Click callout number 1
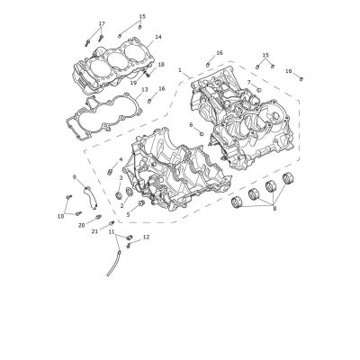pyautogui.click(x=180, y=70)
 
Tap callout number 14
pyautogui.click(x=158, y=37)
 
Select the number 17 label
pyautogui.click(x=102, y=23)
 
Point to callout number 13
pyautogui.click(x=145, y=90)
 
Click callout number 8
pyautogui.click(x=274, y=209)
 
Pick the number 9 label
pyautogui.click(x=75, y=177)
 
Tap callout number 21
pyautogui.click(x=94, y=231)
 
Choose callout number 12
pyautogui.click(x=146, y=237)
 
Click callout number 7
pyautogui.click(x=248, y=82)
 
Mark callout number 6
pyautogui.click(x=191, y=124)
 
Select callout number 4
pyautogui.click(x=121, y=159)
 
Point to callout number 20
pyautogui.click(x=82, y=226)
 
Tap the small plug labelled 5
pyautogui.click(x=140, y=204)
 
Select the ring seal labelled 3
pyautogui.click(x=119, y=196)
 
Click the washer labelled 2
pyautogui.click(x=129, y=191)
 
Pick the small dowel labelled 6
pyautogui.click(x=202, y=133)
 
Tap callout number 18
pyautogui.click(x=161, y=65)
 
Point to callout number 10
pyautogui.click(x=60, y=216)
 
